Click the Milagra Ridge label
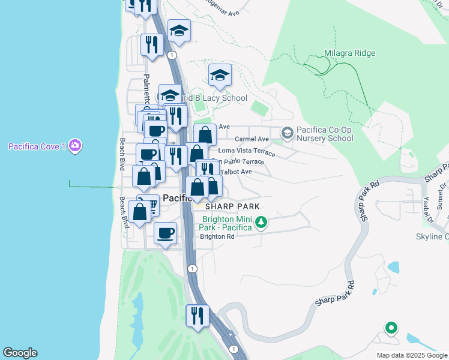click(349, 53)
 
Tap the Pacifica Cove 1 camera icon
click(75, 146)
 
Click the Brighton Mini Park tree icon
click(261, 223)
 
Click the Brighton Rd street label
click(217, 236)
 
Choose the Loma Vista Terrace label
click(247, 151)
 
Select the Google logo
click(20, 353)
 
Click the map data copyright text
click(412, 355)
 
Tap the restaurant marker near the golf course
click(197, 316)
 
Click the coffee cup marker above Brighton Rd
click(165, 233)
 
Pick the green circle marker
click(391, 328)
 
